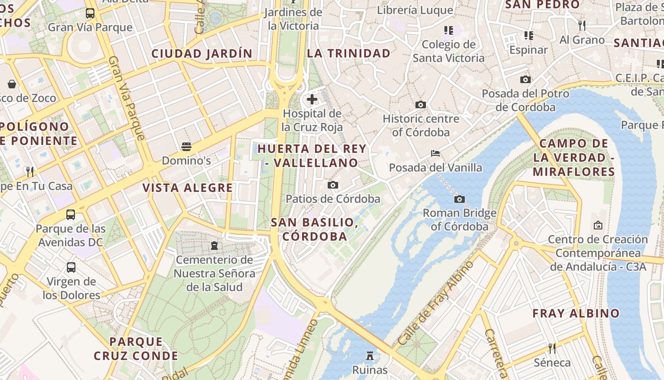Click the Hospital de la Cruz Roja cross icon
312,99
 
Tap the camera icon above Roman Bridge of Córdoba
459,199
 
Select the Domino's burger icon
186,146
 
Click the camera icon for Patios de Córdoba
333,185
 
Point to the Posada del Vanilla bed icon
435,153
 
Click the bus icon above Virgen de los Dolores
71,267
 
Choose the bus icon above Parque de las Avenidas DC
70,215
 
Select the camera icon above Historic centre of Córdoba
420,104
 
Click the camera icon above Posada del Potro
525,79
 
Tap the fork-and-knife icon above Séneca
552,349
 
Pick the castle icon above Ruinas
370,355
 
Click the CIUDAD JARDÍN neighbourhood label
202,54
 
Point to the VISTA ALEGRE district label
187,188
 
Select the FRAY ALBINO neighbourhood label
576,313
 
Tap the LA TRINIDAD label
349,54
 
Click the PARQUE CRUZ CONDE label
136,349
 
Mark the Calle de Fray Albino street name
435,304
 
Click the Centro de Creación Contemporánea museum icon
598,225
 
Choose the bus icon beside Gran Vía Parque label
90,13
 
